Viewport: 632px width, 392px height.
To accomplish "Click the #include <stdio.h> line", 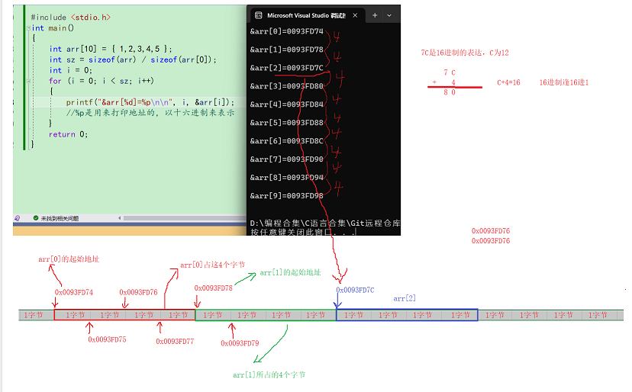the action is pyautogui.click(x=70, y=16).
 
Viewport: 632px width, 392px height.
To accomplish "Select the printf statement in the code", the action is pyautogui.click(x=150, y=101).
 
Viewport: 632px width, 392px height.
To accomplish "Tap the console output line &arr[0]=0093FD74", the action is pyautogui.click(x=286, y=32).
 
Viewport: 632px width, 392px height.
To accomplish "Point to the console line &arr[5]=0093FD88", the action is pyautogui.click(x=286, y=123).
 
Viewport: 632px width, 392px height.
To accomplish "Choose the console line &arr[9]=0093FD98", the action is pyautogui.click(x=286, y=196).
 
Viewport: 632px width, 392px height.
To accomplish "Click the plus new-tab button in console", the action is pyautogui.click(x=375, y=15).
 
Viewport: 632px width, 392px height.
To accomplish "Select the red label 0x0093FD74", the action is pyautogui.click(x=74, y=292).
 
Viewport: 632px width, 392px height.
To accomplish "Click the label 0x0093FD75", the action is pyautogui.click(x=107, y=339).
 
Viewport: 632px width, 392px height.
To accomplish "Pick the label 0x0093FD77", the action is pyautogui.click(x=176, y=341).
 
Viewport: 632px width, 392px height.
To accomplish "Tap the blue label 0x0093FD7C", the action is pyautogui.click(x=355, y=290).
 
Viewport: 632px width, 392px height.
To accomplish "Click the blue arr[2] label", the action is pyautogui.click(x=405, y=298).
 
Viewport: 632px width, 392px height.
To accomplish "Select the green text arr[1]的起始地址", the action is pyautogui.click(x=290, y=272).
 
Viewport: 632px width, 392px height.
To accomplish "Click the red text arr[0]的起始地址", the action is pyautogui.click(x=69, y=259).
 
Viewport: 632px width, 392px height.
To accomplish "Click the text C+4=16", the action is pyautogui.click(x=508, y=82).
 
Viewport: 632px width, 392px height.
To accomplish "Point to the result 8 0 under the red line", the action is pyautogui.click(x=450, y=92).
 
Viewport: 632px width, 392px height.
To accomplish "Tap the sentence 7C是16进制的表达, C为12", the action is pyautogui.click(x=464, y=53).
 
